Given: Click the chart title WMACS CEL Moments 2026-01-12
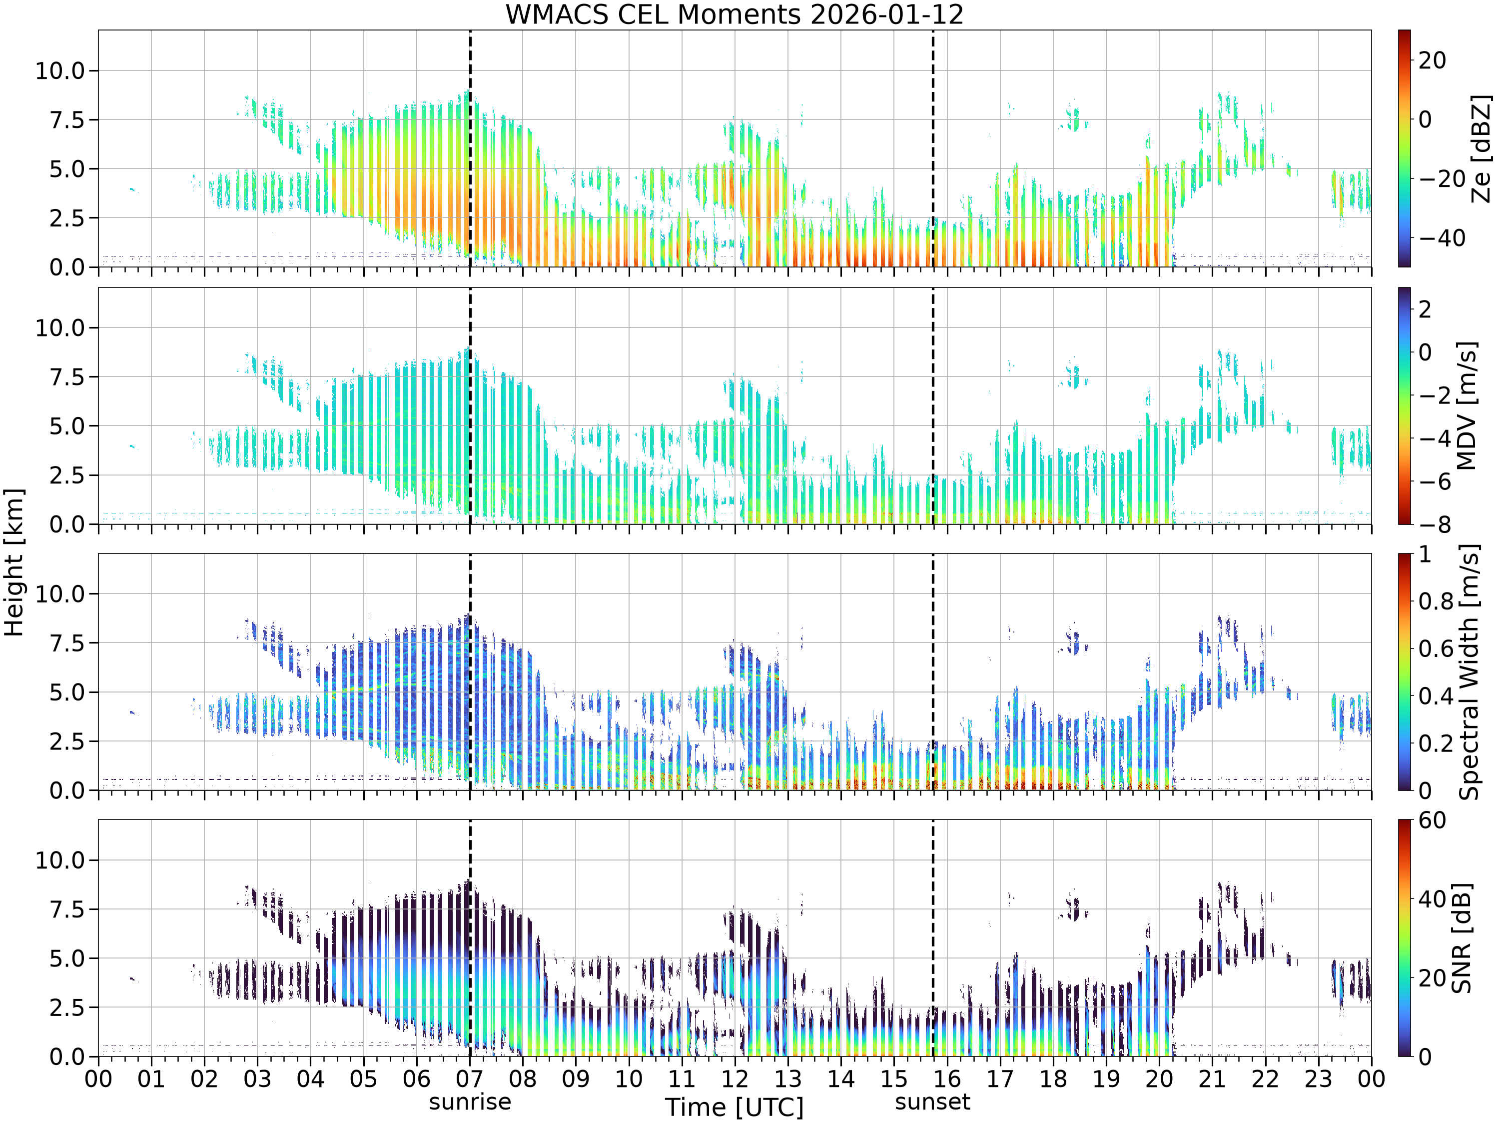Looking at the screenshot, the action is [x=735, y=14].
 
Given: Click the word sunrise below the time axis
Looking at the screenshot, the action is [x=470, y=1102].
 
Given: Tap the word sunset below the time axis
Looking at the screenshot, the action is [x=932, y=1102].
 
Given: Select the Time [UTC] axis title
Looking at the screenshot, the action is [x=735, y=1107].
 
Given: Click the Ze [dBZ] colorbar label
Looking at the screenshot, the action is [x=1482, y=148].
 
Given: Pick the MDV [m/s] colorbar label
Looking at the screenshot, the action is [x=1467, y=405].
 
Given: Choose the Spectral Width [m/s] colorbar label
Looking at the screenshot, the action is [x=1469, y=672].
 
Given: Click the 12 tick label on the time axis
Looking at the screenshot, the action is [x=735, y=1079].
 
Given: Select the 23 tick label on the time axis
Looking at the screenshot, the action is [x=1318, y=1079].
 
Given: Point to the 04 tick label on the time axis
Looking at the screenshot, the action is [x=310, y=1079].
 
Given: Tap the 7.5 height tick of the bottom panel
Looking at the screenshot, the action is [x=70, y=909].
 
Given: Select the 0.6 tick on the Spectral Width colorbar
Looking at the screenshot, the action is [x=1436, y=648].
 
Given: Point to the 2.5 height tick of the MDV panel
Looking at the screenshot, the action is [x=70, y=475].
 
